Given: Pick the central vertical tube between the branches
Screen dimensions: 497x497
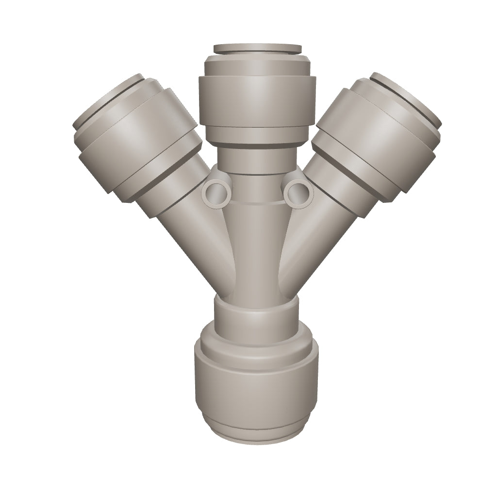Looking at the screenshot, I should pyautogui.click(x=256, y=252).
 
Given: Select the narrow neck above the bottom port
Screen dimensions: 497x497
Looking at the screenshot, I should pyautogui.click(x=256, y=315).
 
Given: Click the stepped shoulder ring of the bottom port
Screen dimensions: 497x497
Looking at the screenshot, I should pyautogui.click(x=256, y=342).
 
